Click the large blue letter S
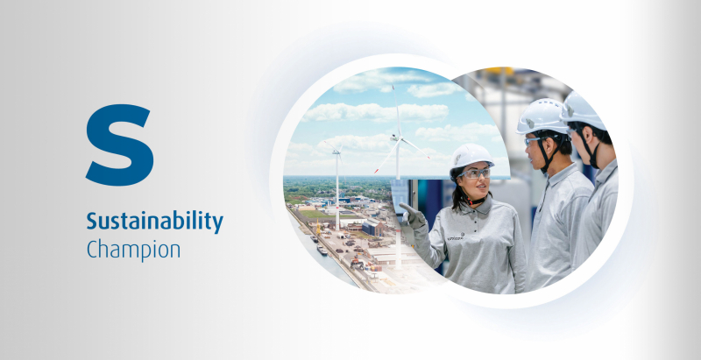pos(119,145)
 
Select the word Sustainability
pos(155,222)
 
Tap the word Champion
pos(133,250)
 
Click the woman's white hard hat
pos(471,157)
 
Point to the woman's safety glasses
pos(474,173)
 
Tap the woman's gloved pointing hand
pos(412,215)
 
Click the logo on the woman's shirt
pos(456,237)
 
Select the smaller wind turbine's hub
pos(337,151)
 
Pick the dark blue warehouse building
pos(373,229)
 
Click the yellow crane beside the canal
pos(318,227)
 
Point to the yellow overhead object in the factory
pos(499,72)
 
